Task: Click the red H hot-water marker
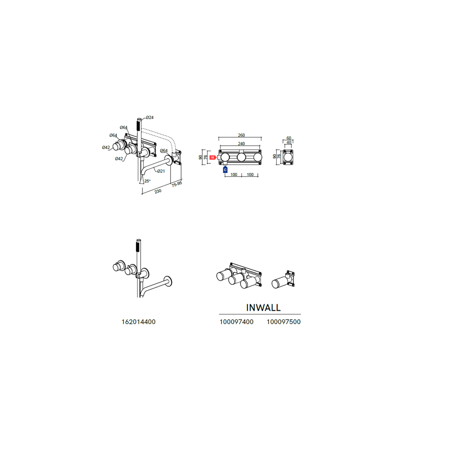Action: pyautogui.click(x=213, y=158)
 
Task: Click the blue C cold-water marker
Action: pyautogui.click(x=225, y=170)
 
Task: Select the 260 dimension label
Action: pyautogui.click(x=242, y=135)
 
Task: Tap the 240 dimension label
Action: pyautogui.click(x=242, y=144)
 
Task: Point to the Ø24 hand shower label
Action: pyautogui.click(x=150, y=118)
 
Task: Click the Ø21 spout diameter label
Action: pyautogui.click(x=161, y=171)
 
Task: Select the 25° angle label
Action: pyautogui.click(x=148, y=181)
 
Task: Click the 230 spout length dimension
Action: pyautogui.click(x=158, y=191)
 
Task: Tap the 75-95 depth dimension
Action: pyautogui.click(x=177, y=184)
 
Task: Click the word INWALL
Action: pyautogui.click(x=263, y=307)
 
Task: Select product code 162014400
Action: pyautogui.click(x=138, y=322)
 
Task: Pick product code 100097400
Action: pyautogui.click(x=236, y=322)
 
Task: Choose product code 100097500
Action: pyautogui.click(x=284, y=322)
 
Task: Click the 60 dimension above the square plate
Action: pyautogui.click(x=289, y=138)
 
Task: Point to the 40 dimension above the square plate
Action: pyautogui.click(x=289, y=142)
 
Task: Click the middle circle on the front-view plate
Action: pyautogui.click(x=242, y=158)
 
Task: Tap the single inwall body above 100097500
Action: pyautogui.click(x=283, y=280)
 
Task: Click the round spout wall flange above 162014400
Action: pyautogui.click(x=168, y=281)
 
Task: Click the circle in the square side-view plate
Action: pyautogui.click(x=288, y=157)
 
